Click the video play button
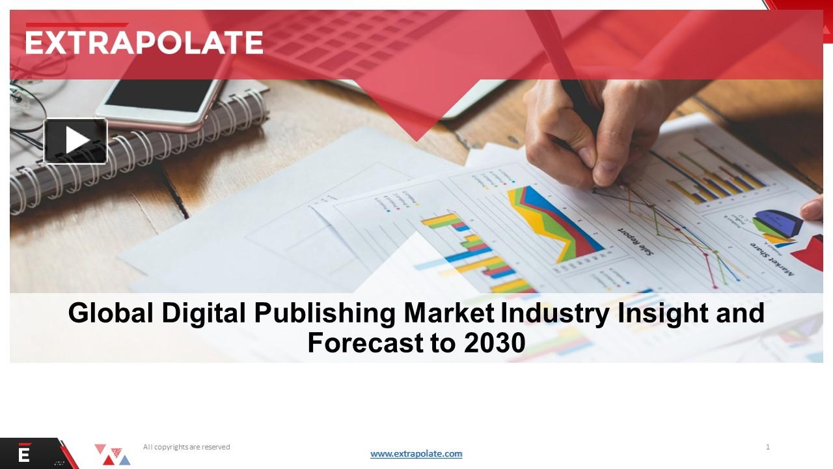click(x=75, y=141)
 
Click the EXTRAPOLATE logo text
click(x=144, y=43)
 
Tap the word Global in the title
click(x=111, y=313)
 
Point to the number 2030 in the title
click(x=495, y=343)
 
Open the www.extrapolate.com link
click(x=416, y=454)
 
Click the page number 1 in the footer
click(x=768, y=447)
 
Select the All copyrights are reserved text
click(x=187, y=447)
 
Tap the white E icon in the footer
click(x=24, y=454)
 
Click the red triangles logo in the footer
click(x=112, y=454)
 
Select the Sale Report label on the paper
click(x=636, y=241)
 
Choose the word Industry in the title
click(x=554, y=313)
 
